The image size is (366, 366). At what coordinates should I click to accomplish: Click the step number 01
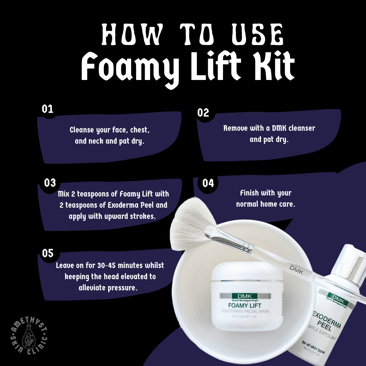[x=48, y=109]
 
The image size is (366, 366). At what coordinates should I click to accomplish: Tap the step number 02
[x=203, y=113]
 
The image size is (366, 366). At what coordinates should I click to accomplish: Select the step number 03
[x=50, y=183]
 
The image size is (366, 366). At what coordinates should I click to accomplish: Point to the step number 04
[x=208, y=183]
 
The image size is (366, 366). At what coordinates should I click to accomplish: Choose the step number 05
[x=48, y=253]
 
